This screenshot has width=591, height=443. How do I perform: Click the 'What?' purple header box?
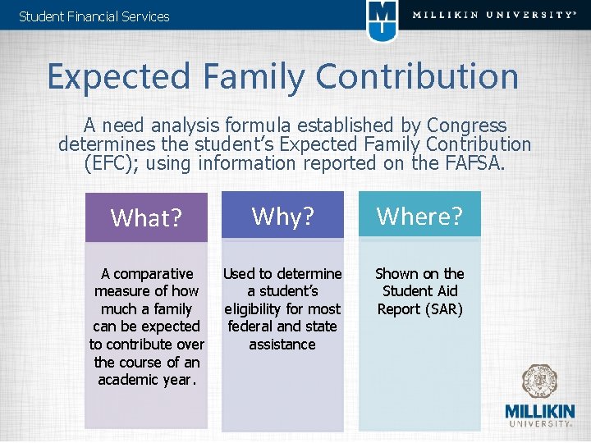[146, 217]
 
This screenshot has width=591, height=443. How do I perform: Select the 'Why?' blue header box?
[282, 216]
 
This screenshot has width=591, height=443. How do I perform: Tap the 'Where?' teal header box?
[419, 216]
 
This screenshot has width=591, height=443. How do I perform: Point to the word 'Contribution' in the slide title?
[416, 77]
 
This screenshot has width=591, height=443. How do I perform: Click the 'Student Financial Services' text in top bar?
[94, 16]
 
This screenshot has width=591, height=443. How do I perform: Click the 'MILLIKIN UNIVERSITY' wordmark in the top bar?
[493, 15]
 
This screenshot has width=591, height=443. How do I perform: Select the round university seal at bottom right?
[540, 381]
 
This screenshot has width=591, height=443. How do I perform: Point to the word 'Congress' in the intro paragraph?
[466, 126]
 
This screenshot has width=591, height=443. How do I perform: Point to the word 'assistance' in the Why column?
[282, 345]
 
